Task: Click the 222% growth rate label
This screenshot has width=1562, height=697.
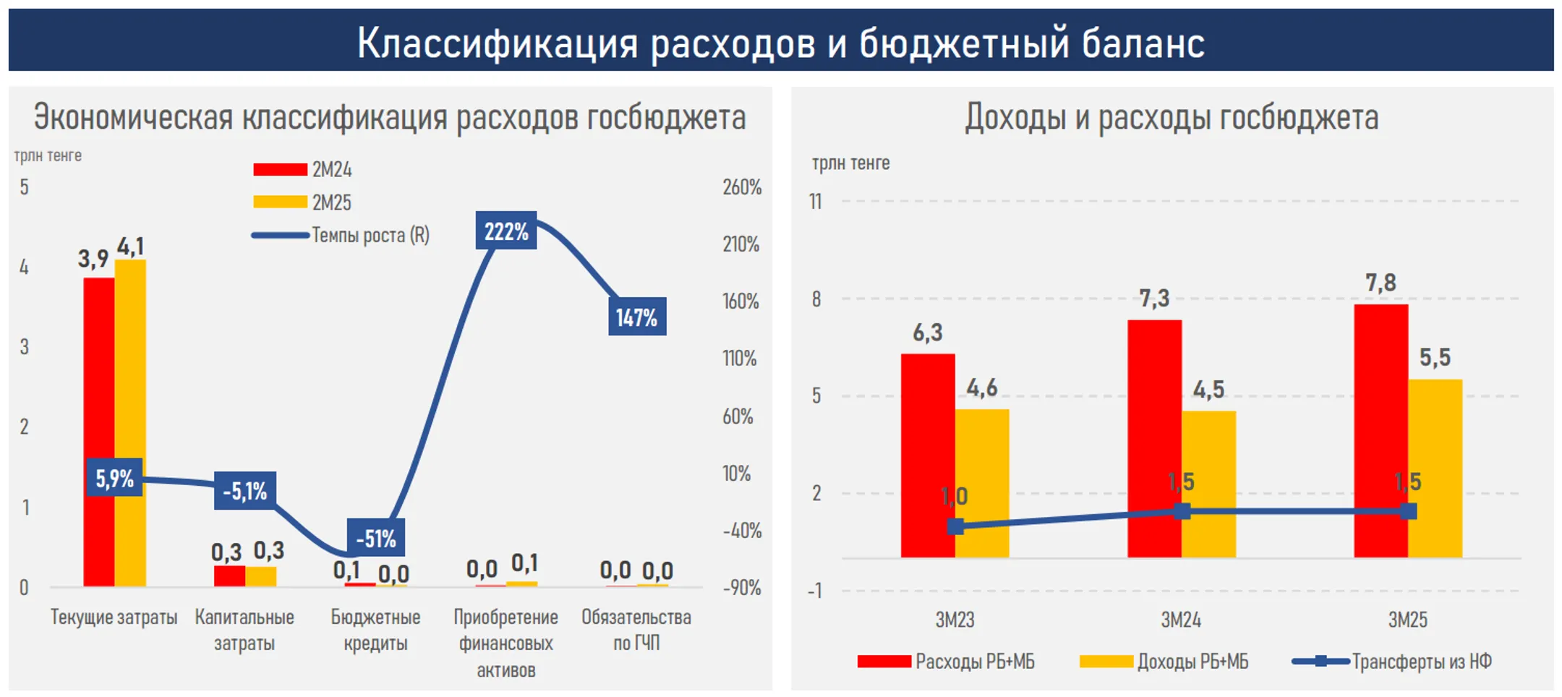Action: tap(505, 231)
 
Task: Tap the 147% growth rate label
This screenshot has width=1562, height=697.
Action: tap(636, 317)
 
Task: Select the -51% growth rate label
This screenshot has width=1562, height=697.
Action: tap(375, 538)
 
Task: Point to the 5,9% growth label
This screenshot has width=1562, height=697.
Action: tap(114, 478)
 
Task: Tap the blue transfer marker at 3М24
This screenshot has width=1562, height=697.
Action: tap(1182, 512)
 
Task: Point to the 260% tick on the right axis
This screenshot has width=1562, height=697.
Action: tap(741, 187)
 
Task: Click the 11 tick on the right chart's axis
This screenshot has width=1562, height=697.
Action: tap(816, 202)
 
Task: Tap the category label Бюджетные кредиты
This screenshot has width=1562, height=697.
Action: tap(375, 630)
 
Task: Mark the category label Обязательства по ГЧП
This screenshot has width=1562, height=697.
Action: tap(636, 630)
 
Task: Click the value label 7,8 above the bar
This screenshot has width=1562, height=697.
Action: tap(1380, 283)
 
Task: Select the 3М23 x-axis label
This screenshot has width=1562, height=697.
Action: tap(955, 620)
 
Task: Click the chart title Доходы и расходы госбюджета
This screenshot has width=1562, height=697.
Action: tap(1171, 117)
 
